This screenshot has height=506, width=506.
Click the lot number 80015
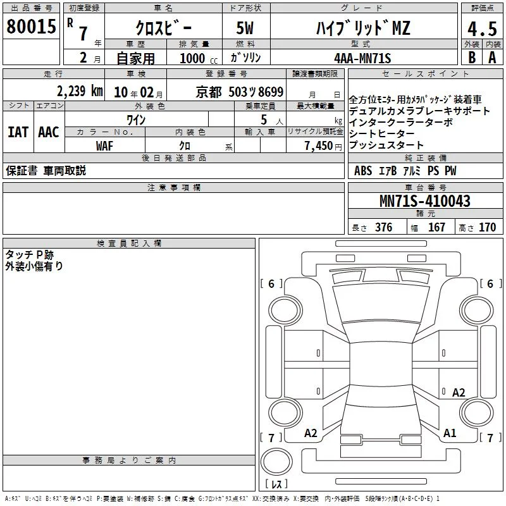(31, 27)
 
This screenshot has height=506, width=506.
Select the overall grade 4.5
(482, 28)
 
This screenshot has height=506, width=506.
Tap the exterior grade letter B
(472, 58)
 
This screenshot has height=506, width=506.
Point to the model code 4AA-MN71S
(362, 58)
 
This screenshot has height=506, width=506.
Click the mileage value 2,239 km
(80, 91)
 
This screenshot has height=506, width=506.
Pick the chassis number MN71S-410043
(424, 201)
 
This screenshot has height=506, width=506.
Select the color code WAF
(104, 146)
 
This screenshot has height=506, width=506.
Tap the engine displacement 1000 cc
(199, 58)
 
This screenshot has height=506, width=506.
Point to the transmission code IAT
(18, 132)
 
